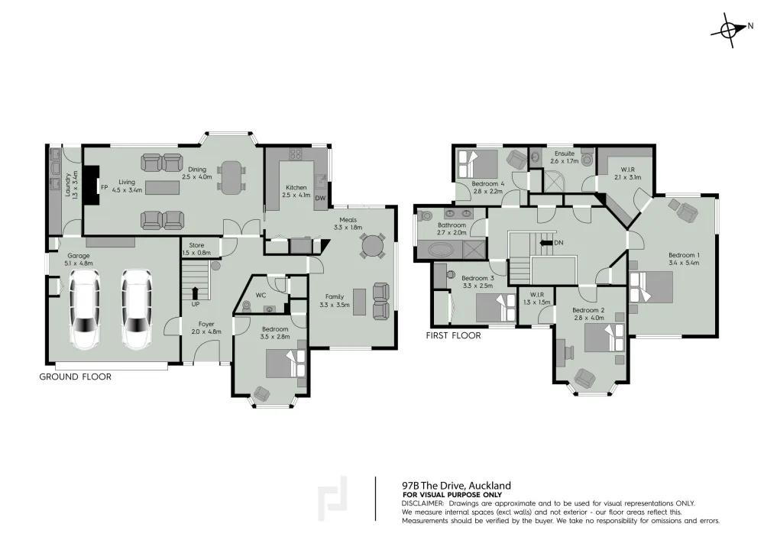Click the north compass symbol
(x=729, y=31)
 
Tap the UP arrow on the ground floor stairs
(x=196, y=293)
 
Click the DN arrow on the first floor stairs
(x=545, y=242)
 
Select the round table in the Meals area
(x=371, y=245)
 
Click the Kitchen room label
(x=296, y=187)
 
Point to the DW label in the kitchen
(x=320, y=198)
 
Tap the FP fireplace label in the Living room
(x=104, y=187)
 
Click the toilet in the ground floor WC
(x=246, y=306)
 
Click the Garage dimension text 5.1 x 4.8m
(x=79, y=263)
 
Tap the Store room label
(x=196, y=245)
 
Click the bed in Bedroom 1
(x=652, y=287)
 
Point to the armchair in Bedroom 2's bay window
(x=585, y=379)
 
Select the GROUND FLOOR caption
(x=75, y=377)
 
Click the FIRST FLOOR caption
(x=453, y=335)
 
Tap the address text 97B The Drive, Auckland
(x=456, y=486)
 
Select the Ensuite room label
(x=565, y=154)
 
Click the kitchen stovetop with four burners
(x=296, y=154)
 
